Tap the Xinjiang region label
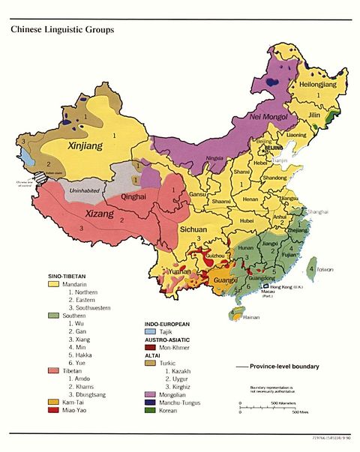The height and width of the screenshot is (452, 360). point(87,143)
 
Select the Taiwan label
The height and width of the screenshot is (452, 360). point(324,268)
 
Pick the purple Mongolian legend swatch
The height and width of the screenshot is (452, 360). point(150,392)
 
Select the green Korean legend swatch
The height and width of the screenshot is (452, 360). point(150,411)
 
